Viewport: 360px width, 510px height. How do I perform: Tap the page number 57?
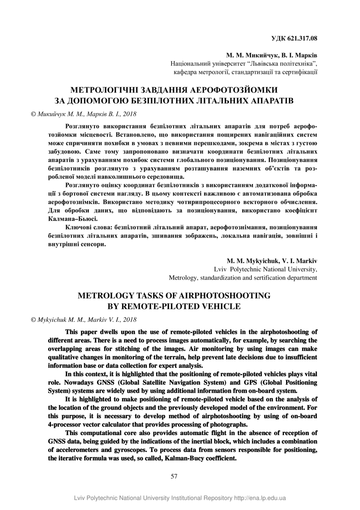click(174, 476)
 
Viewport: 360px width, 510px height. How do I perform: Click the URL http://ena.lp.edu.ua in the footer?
click(260, 498)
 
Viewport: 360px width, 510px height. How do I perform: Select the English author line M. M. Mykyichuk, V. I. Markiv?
click(272, 261)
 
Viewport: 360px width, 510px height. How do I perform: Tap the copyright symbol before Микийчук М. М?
click(34, 114)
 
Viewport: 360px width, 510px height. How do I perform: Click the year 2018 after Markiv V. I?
click(130, 319)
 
